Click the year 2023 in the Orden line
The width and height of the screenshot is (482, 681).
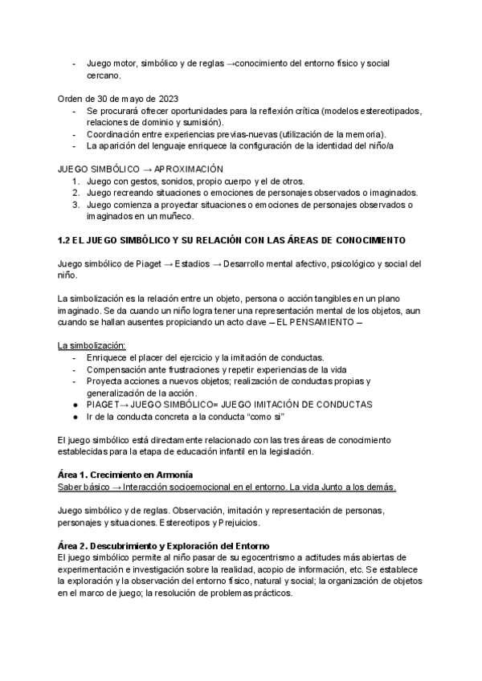tap(168, 98)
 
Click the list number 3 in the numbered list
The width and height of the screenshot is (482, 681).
tap(75, 205)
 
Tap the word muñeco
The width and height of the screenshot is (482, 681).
tap(169, 216)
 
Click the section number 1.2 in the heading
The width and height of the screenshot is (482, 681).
tap(67, 240)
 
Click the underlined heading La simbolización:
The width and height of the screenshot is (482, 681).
tap(92, 345)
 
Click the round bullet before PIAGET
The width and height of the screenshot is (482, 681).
tap(75, 405)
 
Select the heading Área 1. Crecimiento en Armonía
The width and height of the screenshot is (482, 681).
tap(125, 475)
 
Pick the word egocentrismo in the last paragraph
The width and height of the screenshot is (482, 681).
tap(214, 558)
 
